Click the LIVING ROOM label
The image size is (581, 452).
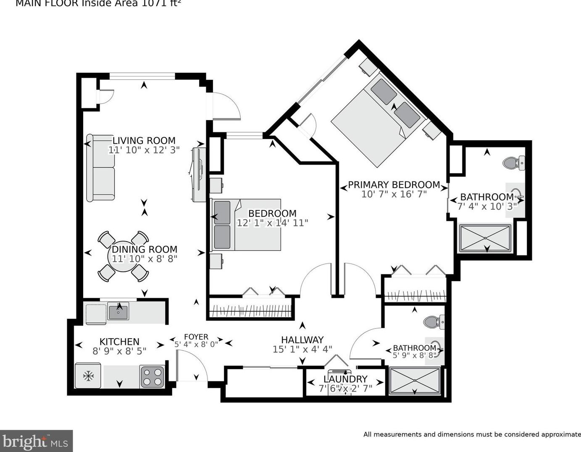pos(144,140)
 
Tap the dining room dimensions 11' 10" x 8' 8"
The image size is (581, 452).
pos(144,259)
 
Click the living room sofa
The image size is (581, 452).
pos(101,168)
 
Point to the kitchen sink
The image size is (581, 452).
pos(118,312)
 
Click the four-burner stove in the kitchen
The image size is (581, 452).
pos(152,376)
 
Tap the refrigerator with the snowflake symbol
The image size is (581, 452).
pos(88,376)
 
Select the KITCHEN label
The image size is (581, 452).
pos(119,342)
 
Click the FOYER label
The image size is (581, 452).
pos(196,336)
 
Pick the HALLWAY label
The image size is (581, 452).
pos(302,339)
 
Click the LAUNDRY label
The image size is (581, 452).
pos(345,379)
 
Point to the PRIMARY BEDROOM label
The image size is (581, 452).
pos(394,184)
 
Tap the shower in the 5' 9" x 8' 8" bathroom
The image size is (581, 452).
pos(415,381)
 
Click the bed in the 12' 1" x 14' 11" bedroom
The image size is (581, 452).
pos(246,225)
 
